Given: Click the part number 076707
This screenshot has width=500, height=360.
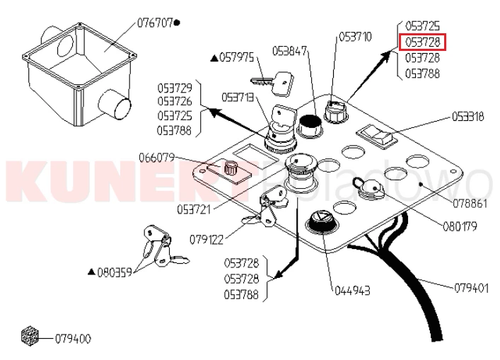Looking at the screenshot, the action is (x=156, y=23).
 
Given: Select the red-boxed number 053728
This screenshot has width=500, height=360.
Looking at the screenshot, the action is (x=422, y=42).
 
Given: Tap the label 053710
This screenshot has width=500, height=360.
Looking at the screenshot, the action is (x=355, y=37).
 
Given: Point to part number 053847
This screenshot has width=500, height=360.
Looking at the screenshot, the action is (x=289, y=51).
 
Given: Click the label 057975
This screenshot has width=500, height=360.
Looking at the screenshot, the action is (x=237, y=58).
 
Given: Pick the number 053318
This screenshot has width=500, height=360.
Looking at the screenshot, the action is (x=467, y=117).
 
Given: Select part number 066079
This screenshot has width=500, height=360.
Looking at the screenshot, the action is (x=156, y=158).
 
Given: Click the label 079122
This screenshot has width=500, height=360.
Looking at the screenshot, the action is (x=207, y=240).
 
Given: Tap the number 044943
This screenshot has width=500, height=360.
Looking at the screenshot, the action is (x=352, y=291).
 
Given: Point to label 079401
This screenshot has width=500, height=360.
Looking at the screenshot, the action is (x=471, y=289).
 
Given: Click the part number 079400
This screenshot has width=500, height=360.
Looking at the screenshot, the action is (x=73, y=339).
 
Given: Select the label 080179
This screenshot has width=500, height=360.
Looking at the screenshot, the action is (x=460, y=226).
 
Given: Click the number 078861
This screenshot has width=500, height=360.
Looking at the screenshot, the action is (x=470, y=204).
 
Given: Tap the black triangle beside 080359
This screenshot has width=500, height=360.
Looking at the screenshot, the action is (x=92, y=272).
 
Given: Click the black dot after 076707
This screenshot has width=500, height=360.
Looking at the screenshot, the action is (x=178, y=23).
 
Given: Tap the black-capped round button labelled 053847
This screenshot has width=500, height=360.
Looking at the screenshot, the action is (x=310, y=126).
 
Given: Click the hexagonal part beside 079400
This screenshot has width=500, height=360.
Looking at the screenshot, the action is (x=30, y=336).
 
